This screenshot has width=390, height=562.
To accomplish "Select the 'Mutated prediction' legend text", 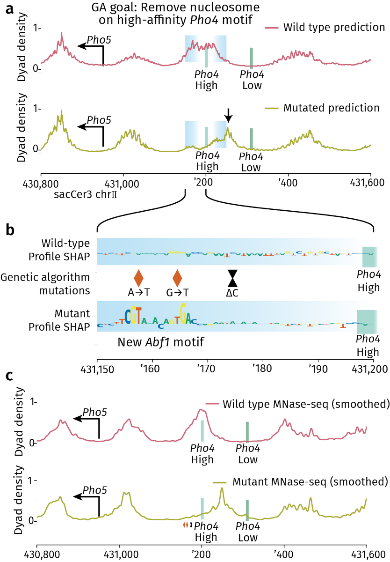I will pyautogui.click(x=331, y=108).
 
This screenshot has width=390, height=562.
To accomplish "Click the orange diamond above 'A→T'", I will pyautogui.click(x=138, y=278).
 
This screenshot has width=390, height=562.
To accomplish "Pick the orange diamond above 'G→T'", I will pyautogui.click(x=177, y=278).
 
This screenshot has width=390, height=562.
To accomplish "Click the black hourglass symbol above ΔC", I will pyautogui.click(x=232, y=278).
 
